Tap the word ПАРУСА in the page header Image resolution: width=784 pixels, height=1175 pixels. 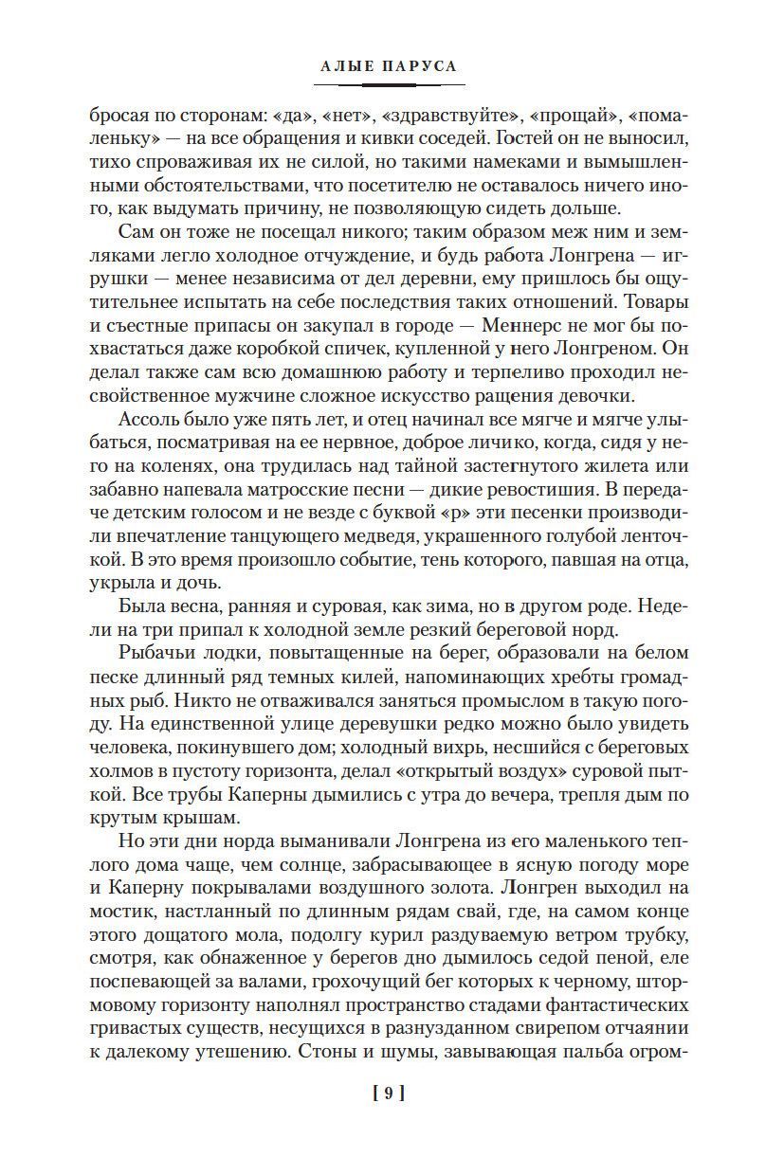click(423, 66)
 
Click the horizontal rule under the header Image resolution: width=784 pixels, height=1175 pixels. click(392, 85)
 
